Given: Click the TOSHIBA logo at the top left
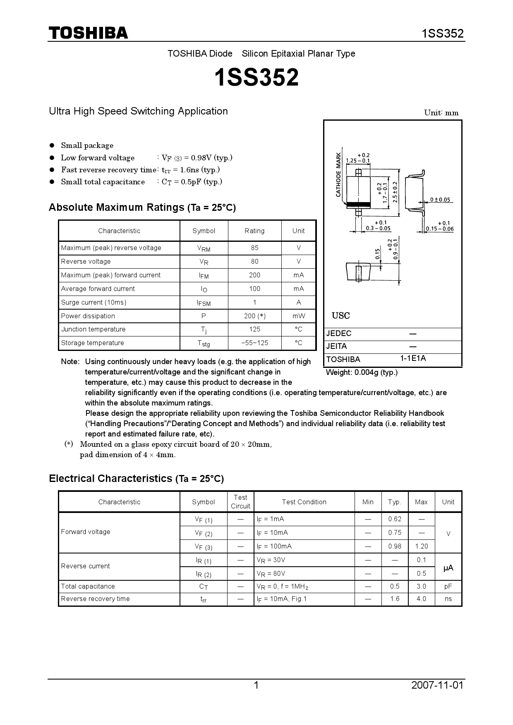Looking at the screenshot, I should click(88, 33).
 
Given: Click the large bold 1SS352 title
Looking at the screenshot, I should click(256, 78).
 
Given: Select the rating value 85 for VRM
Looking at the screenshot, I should click(254, 248).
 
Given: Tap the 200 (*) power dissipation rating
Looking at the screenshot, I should click(254, 316).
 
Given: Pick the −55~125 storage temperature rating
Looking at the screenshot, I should click(254, 343).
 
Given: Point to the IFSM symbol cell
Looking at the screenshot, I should click(204, 303).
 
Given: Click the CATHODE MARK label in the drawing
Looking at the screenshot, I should click(338, 175).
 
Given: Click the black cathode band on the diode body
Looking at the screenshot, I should click(358, 204).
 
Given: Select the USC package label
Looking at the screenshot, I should click(340, 316).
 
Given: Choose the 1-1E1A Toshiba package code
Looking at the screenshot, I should click(412, 358).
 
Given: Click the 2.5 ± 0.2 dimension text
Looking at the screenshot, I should click(395, 192).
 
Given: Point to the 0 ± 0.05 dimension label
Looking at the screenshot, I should click(440, 200).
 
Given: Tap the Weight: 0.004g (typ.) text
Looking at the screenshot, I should click(362, 372).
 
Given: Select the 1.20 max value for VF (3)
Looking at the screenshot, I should click(421, 546).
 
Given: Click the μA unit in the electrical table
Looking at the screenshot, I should click(448, 568).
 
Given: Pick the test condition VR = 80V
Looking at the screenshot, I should click(271, 573).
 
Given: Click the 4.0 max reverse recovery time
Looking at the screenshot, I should click(421, 599).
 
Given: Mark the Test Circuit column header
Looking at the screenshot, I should click(240, 502).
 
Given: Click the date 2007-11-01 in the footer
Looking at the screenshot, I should click(437, 685).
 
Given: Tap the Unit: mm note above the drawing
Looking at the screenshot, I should click(441, 112).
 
